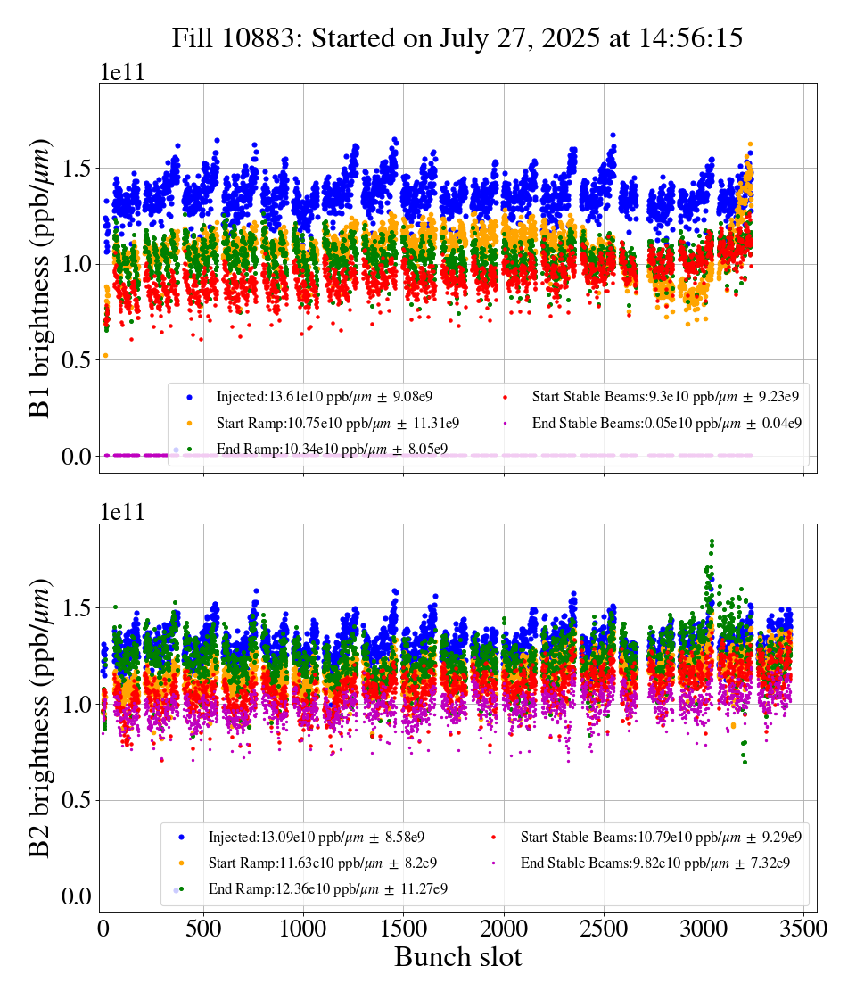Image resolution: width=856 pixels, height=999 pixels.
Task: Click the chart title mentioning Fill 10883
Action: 457,38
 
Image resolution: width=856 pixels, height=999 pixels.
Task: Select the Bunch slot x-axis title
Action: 457,958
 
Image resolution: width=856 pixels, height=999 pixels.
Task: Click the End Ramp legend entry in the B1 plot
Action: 331,449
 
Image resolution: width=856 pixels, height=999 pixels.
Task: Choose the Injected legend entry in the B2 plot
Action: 316,837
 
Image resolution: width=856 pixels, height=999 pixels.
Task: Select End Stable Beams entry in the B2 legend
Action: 641,863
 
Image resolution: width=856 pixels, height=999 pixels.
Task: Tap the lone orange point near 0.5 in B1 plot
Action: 105,355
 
